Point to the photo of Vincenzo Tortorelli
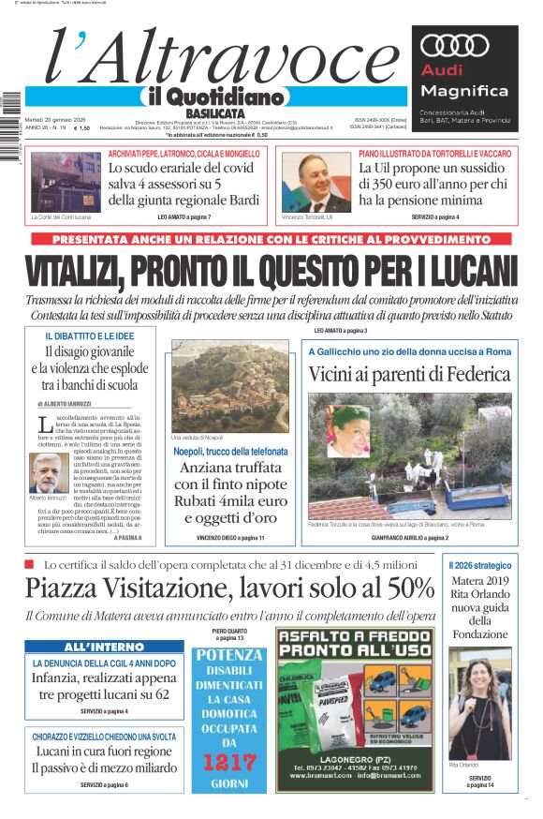point(316,183)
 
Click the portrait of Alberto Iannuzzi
point(48,472)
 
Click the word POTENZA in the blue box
point(227,654)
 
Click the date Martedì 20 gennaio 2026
point(55,120)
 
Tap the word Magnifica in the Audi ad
point(463,91)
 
